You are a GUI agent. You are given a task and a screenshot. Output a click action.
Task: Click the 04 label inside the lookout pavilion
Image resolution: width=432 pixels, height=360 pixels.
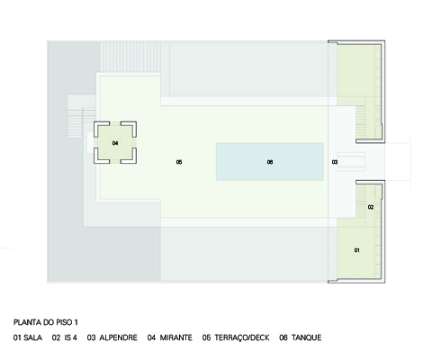(x=115, y=143)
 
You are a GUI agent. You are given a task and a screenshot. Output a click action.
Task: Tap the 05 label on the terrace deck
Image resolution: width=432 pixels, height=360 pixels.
(x=179, y=162)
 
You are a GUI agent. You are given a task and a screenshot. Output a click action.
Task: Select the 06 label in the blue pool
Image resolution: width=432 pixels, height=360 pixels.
(x=270, y=162)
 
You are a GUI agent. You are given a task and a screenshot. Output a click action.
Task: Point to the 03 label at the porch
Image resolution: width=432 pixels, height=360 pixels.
(x=335, y=162)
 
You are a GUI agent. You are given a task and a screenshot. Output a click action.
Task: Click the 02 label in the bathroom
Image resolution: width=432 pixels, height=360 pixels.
(x=371, y=207)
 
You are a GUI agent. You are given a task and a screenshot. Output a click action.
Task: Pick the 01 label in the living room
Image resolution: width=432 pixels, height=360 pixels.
(x=357, y=250)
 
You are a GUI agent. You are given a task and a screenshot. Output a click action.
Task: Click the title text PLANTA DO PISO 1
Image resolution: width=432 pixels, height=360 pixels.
(x=46, y=322)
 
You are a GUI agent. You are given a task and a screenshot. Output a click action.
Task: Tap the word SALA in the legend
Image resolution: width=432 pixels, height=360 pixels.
(x=33, y=337)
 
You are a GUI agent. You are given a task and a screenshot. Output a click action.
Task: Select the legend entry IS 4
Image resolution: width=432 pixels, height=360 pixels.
(x=71, y=337)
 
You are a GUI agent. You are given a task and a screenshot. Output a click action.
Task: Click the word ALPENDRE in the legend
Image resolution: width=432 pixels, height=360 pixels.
(x=119, y=337)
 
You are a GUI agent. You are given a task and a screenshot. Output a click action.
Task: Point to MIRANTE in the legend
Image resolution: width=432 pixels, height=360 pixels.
(x=176, y=337)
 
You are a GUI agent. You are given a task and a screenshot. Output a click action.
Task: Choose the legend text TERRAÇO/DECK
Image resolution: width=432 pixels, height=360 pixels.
(x=242, y=337)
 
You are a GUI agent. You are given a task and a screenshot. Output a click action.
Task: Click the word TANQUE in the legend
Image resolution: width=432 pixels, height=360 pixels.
(x=307, y=337)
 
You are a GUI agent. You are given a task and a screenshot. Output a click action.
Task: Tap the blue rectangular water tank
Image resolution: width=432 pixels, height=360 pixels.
(x=270, y=162)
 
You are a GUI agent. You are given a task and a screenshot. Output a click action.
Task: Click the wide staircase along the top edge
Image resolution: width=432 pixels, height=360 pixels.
(x=130, y=58)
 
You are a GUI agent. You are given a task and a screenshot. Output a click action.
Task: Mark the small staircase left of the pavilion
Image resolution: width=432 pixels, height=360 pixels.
(x=81, y=124)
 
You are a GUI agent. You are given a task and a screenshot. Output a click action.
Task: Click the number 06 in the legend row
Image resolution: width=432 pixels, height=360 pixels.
(x=283, y=337)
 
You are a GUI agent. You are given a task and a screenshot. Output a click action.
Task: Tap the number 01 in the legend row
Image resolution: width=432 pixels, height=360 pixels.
(x=17, y=337)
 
